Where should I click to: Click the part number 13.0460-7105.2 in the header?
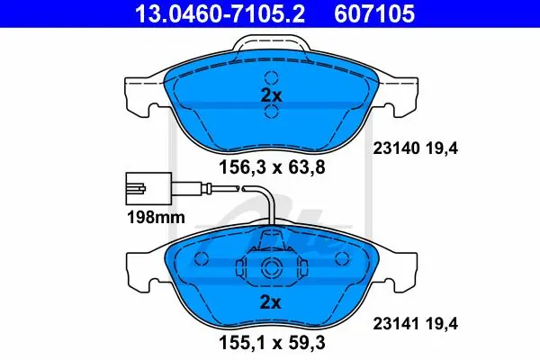tap(220, 14)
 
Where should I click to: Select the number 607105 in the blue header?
tap(374, 14)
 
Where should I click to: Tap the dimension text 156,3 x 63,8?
tap(272, 167)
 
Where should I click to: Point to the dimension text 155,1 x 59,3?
tap(272, 343)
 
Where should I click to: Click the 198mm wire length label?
tap(156, 218)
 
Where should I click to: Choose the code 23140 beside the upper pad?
tap(396, 148)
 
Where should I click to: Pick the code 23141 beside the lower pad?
tap(396, 324)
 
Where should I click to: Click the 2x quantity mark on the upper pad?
tap(271, 95)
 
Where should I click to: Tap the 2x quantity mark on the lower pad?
tap(270, 302)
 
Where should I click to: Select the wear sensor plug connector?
tap(148, 188)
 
